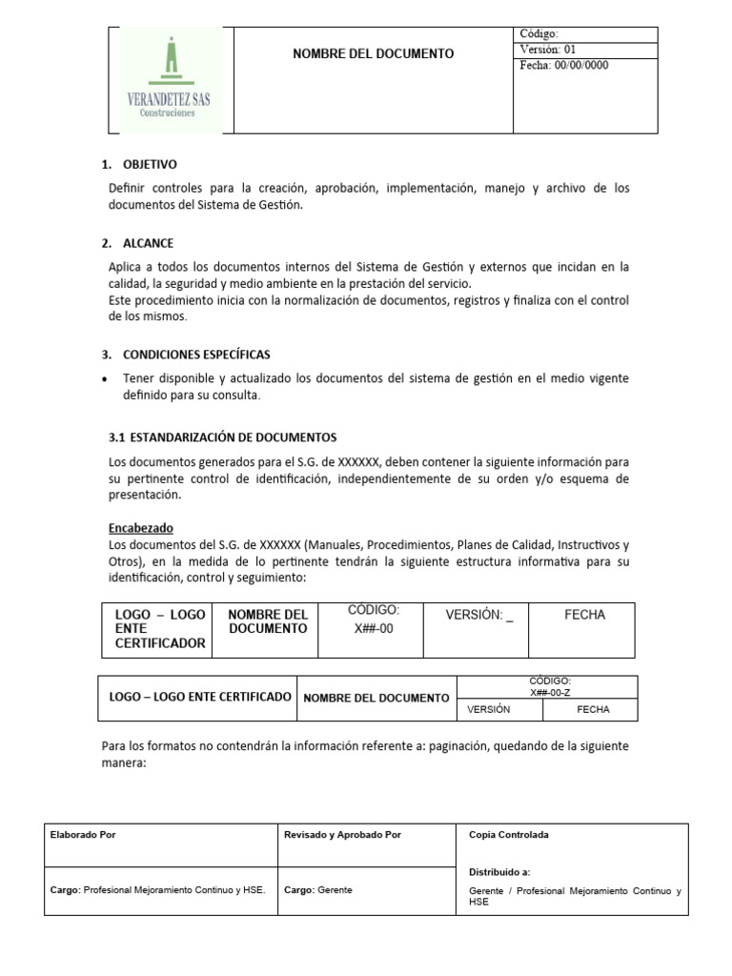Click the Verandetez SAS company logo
169,80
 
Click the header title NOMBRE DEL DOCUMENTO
373,53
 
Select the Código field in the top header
539,34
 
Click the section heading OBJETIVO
150,165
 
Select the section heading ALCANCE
148,243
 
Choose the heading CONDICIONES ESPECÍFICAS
196,355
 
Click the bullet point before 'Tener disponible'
104,379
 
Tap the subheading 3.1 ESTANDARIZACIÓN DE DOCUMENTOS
222,437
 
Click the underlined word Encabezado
141,528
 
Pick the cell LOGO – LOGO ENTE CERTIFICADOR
159,629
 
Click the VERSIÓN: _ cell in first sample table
479,616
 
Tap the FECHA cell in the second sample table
593,710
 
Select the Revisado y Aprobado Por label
342,835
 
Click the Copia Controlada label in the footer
509,835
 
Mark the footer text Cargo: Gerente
318,890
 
